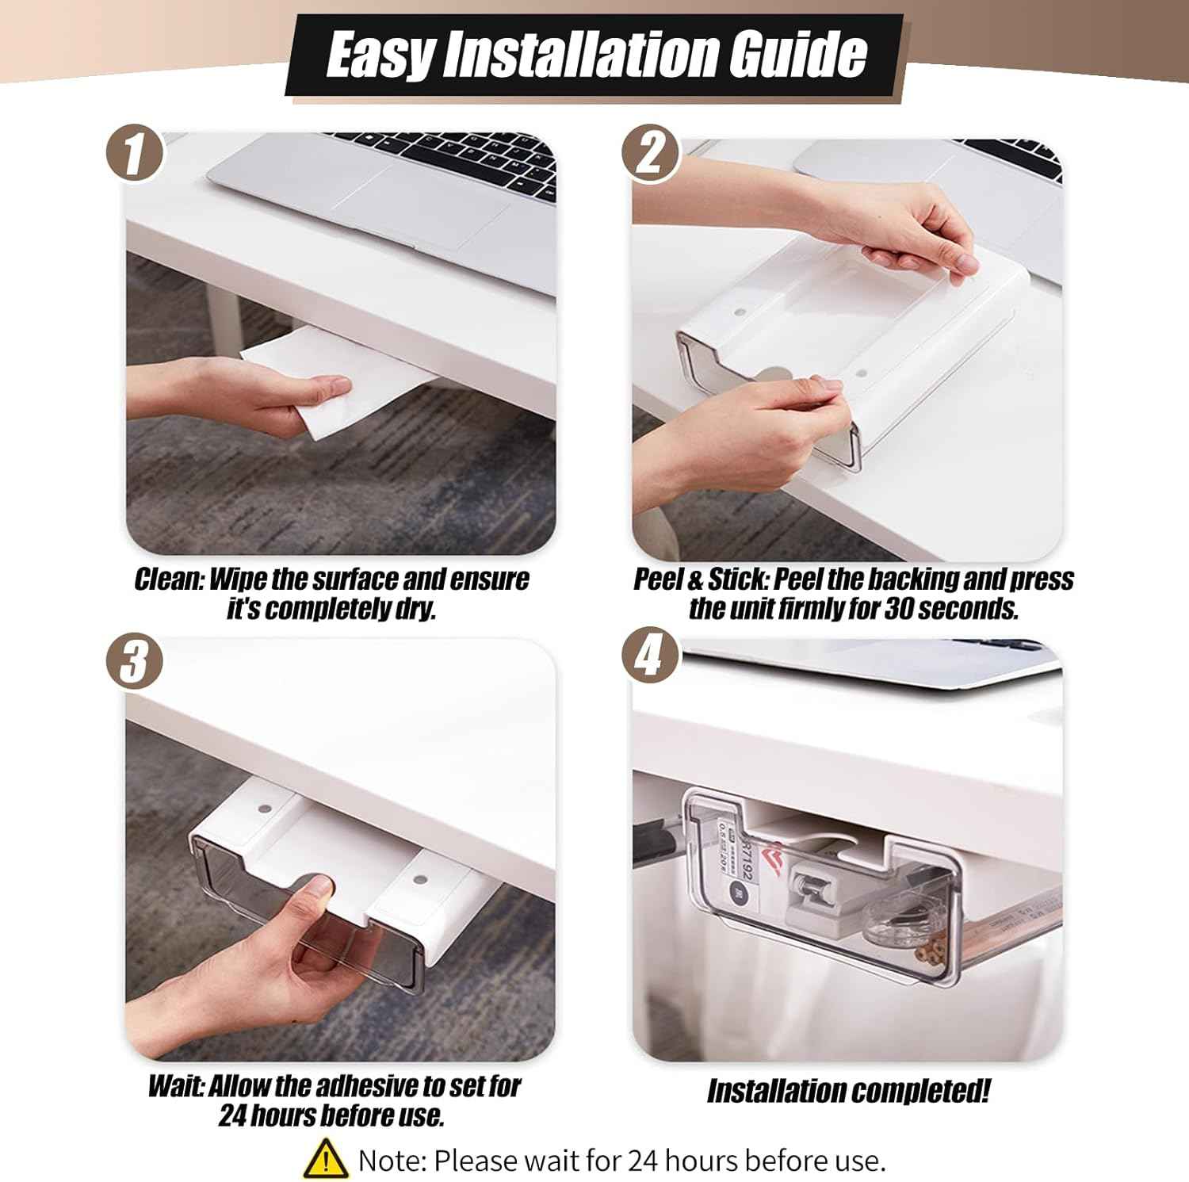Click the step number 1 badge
(135, 154)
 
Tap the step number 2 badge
(650, 154)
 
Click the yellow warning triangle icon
(325, 1159)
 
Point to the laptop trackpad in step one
(420, 210)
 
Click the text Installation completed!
(848, 1092)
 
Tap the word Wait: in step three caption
(176, 1086)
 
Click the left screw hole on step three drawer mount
(262, 811)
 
